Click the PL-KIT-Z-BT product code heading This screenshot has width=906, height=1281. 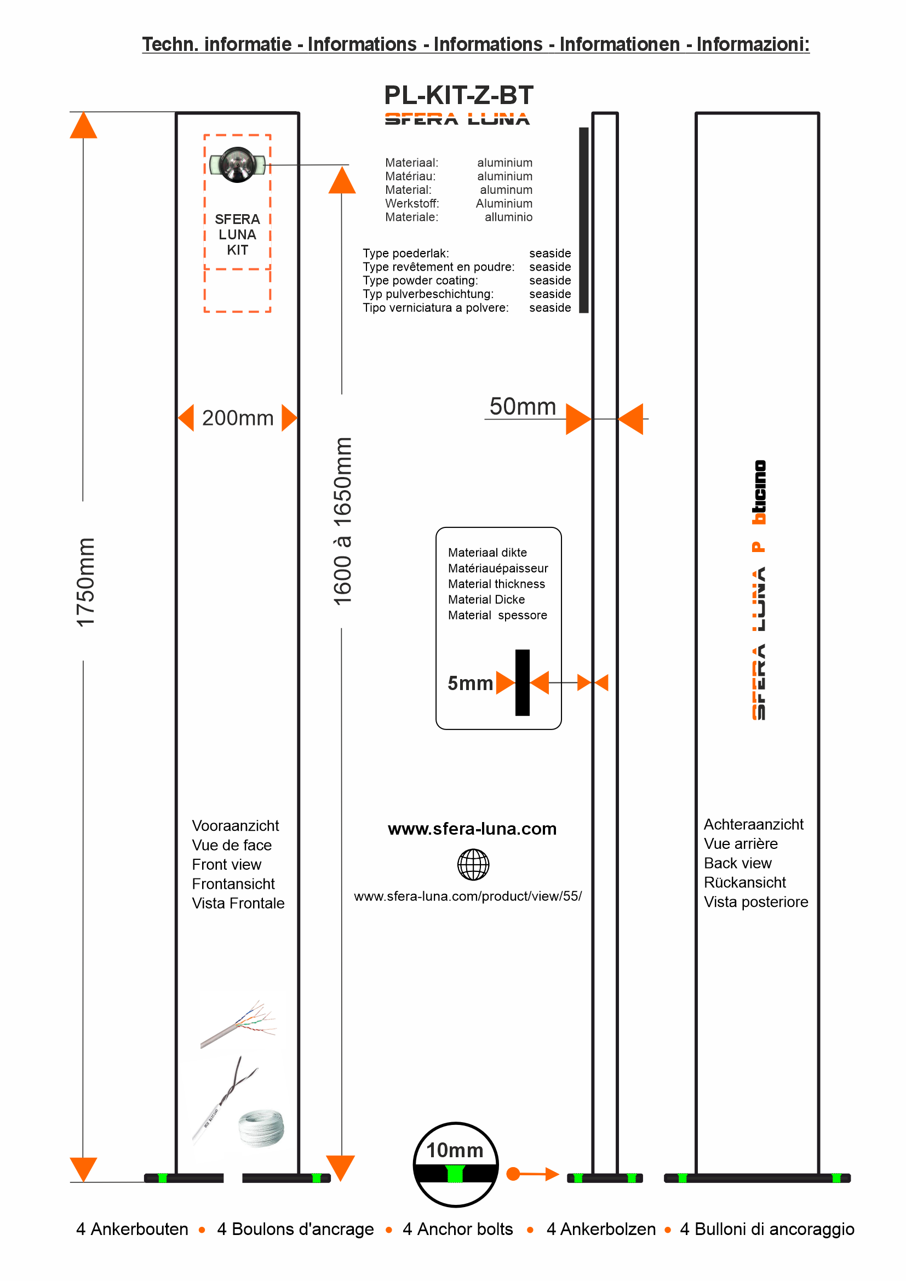(x=458, y=95)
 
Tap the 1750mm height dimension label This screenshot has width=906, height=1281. (x=85, y=582)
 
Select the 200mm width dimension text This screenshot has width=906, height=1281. (x=238, y=418)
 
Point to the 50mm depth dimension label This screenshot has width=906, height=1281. (x=522, y=407)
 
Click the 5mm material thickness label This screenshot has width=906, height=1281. (x=470, y=683)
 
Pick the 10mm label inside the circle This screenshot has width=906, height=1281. (x=455, y=1150)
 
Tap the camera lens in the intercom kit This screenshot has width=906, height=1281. (x=238, y=165)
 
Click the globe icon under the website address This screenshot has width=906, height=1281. (x=473, y=864)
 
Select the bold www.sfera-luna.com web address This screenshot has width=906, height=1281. (x=472, y=829)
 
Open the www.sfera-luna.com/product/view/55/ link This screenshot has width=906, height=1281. (x=467, y=896)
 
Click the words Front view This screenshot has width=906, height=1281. (x=227, y=864)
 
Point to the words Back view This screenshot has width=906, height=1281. (x=737, y=863)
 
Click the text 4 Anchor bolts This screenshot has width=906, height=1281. (x=457, y=1229)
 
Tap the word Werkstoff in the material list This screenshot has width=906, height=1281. (x=412, y=204)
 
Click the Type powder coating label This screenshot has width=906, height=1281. (x=420, y=280)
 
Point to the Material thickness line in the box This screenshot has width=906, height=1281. (x=496, y=584)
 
